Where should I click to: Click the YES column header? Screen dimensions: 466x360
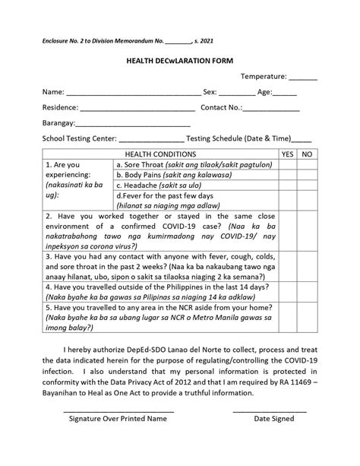click(287, 154)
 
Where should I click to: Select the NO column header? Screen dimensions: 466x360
click(307, 154)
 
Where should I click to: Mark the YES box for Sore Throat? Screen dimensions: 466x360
click(287, 164)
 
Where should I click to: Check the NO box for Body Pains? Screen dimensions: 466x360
click(307, 174)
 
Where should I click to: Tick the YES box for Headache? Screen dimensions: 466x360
click(287, 185)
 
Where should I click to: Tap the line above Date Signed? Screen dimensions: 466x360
click(270, 411)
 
